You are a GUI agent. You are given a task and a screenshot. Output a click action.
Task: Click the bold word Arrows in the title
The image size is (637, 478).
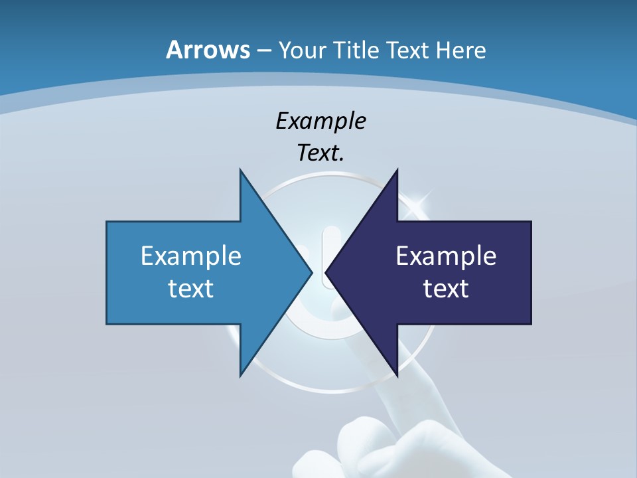[x=208, y=50]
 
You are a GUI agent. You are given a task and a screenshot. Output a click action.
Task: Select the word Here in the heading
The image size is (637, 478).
[x=460, y=50]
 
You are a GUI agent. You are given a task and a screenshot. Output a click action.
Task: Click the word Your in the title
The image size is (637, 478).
[x=302, y=50]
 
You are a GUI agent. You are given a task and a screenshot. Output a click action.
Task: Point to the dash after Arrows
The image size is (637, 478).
[x=264, y=51]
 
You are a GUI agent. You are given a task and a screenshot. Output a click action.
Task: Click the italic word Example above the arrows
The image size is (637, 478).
[x=320, y=121]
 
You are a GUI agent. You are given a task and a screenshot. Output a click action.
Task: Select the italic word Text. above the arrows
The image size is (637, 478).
[x=320, y=153]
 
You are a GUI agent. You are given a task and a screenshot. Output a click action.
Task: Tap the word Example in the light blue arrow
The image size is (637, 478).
[x=191, y=256]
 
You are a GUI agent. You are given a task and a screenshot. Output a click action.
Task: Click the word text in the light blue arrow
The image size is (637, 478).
[x=191, y=288]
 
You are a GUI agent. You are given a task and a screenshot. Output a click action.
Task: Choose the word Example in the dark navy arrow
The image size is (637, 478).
[x=446, y=256]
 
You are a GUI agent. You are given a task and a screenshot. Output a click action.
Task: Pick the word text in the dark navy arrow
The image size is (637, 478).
[x=446, y=288]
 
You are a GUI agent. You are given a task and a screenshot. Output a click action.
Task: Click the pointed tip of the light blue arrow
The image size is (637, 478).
[x=312, y=272]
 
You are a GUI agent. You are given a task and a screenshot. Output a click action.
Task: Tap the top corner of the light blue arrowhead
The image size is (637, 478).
[x=240, y=170]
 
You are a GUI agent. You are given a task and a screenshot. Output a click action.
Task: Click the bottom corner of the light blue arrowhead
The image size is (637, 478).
[x=240, y=375]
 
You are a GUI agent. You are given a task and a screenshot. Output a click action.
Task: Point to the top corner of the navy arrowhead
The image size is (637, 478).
[x=397, y=170]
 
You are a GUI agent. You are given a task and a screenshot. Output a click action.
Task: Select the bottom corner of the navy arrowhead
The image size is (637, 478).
[x=397, y=375]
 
